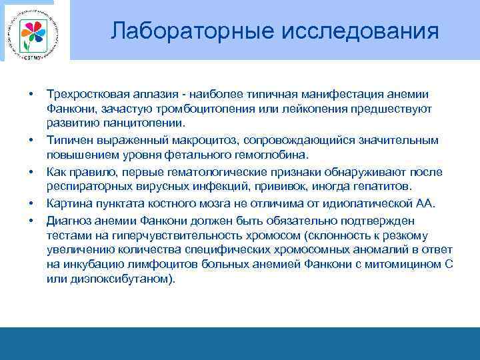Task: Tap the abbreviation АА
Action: coord(425,202)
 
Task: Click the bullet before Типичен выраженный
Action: coord(31,140)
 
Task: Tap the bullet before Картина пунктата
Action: coord(31,202)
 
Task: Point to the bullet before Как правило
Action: coord(31,171)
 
